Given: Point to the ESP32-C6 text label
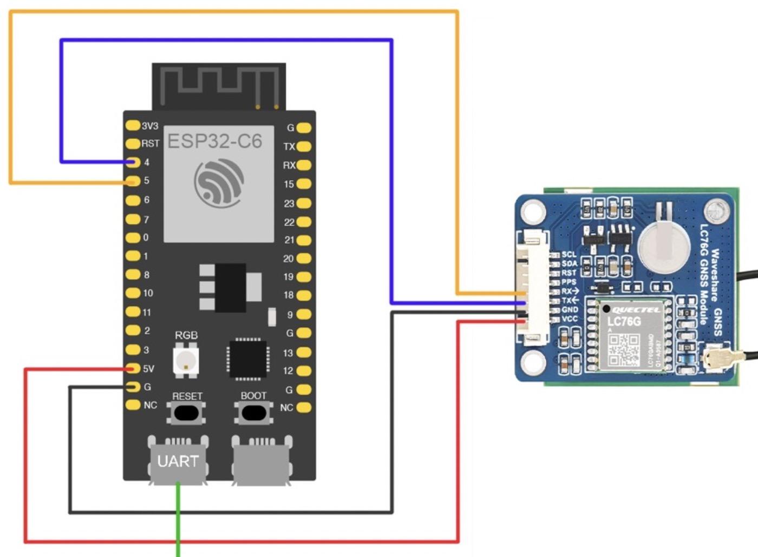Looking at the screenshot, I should (x=214, y=141).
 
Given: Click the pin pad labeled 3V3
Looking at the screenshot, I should (x=133, y=125).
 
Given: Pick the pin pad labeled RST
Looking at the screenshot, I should (x=133, y=143).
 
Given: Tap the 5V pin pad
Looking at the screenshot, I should (x=133, y=369).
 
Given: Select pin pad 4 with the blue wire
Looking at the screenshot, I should (x=133, y=162).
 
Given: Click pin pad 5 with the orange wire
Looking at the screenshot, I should (x=133, y=181).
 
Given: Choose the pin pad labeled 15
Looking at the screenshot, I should (x=304, y=184).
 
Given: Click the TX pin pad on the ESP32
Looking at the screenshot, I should (x=304, y=147).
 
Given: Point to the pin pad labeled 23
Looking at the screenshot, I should (x=304, y=203).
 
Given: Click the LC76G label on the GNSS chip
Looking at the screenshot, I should (x=624, y=322).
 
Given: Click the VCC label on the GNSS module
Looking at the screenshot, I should (x=570, y=319).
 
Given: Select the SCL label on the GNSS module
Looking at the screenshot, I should (x=569, y=254).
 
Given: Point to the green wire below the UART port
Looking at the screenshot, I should (x=178, y=519).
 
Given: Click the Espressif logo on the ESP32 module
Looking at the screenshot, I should (x=219, y=182).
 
